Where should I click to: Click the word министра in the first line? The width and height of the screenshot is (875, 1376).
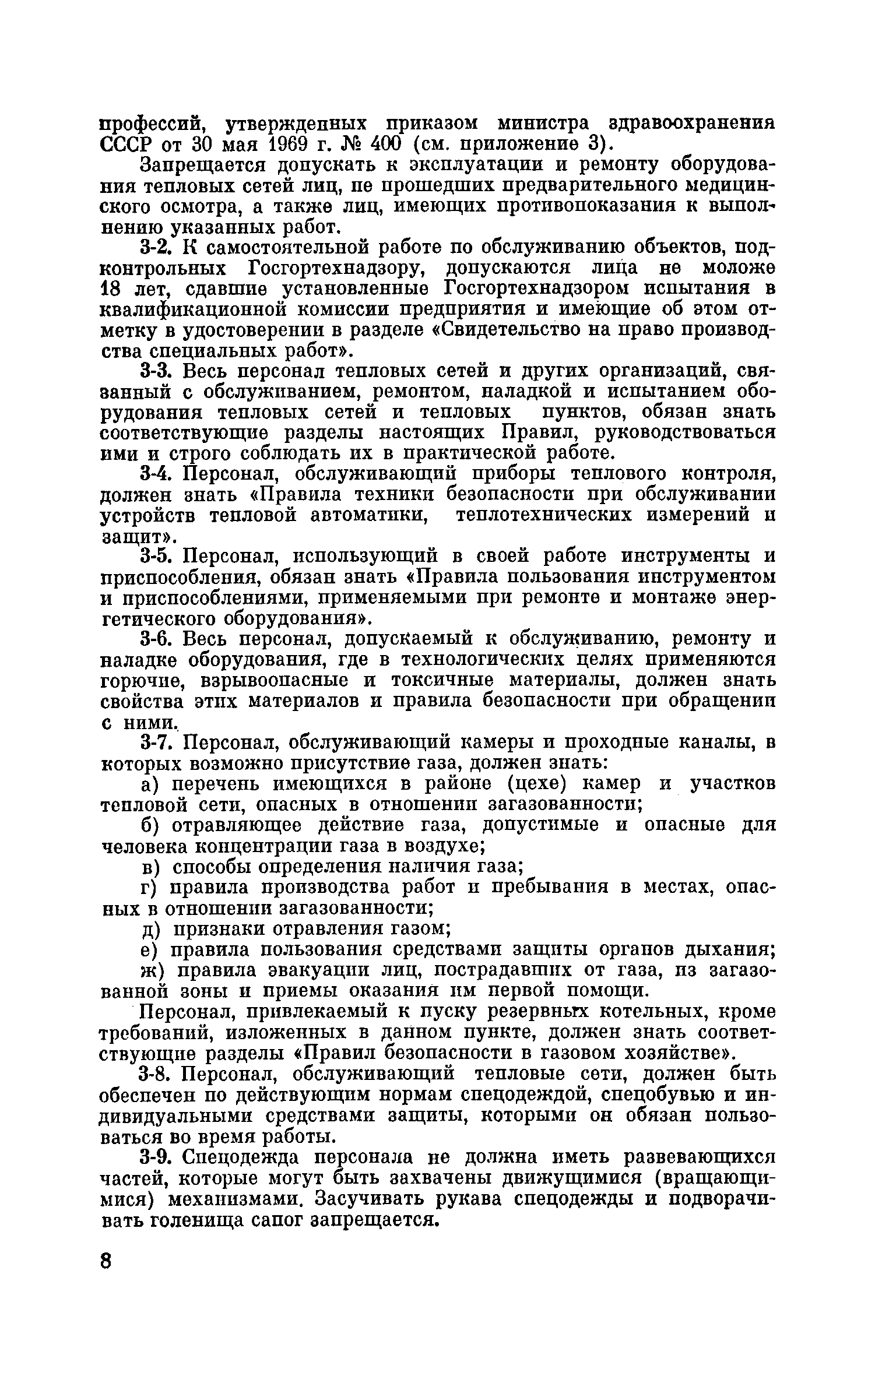(x=543, y=124)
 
